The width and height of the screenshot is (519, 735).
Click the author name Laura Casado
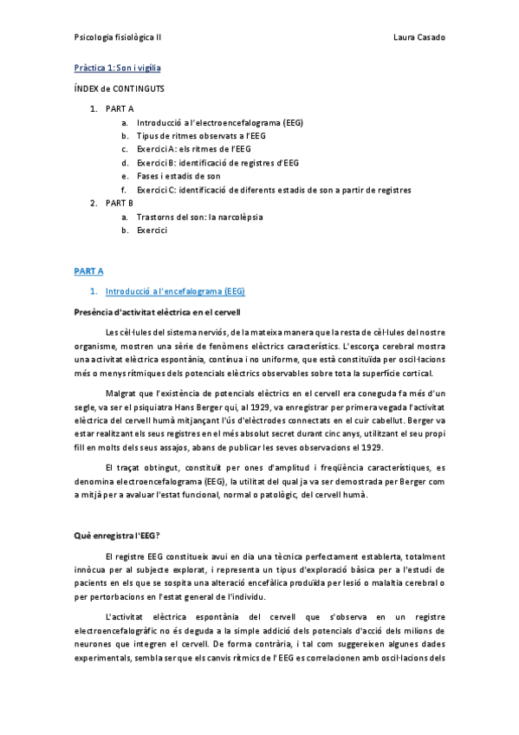point(419,38)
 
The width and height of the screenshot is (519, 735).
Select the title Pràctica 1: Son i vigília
point(117,67)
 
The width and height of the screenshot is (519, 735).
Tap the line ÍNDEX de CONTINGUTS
point(120,88)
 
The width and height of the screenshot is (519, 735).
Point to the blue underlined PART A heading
point(88,270)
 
